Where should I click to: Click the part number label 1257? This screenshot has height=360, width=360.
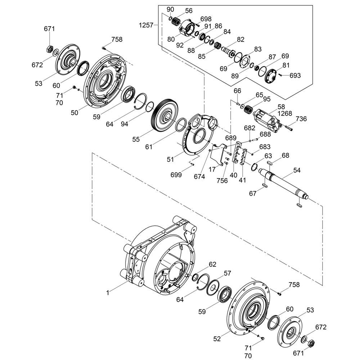coord(146,25)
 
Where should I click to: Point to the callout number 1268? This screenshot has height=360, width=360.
coord(285,113)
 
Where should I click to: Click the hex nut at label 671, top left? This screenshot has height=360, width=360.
coord(50,49)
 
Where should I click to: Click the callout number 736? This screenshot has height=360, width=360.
coord(301,119)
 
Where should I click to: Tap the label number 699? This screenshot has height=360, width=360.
coord(176,175)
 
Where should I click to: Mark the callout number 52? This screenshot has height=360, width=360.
coord(217,339)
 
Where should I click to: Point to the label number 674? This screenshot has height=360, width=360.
coord(199,176)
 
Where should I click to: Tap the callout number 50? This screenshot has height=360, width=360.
coord(75,113)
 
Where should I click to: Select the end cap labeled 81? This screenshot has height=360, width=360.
coord(271,76)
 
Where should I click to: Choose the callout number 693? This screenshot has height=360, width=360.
coord(295,75)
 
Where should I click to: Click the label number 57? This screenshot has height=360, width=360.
coord(227,273)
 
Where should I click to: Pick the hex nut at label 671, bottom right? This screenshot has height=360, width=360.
coord(311,343)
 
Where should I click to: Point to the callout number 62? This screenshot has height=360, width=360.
coord(212,265)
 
